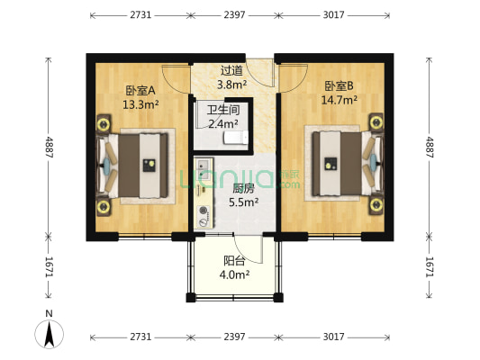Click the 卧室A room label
[140, 90]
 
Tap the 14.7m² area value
[340, 100]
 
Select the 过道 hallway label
[231, 70]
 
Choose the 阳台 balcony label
[235, 262]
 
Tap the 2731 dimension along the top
[140, 15]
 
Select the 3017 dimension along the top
[338, 15]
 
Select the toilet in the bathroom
[236, 138]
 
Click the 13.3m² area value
[140, 103]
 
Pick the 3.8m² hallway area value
[231, 85]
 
